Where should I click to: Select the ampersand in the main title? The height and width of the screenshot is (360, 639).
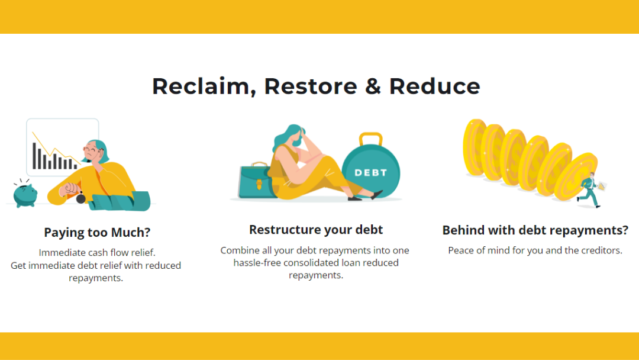pos(373,86)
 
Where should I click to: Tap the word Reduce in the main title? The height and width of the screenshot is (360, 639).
pos(434,86)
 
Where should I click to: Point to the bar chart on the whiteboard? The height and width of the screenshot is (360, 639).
pos(54,156)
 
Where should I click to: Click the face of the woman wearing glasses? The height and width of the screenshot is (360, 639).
pos(92,151)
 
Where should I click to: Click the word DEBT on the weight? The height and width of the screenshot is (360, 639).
pos(370,173)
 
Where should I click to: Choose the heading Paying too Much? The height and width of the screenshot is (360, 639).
pos(97,232)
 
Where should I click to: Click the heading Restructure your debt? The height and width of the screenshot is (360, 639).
pos(316,230)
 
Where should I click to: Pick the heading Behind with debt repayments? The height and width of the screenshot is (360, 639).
pos(535,230)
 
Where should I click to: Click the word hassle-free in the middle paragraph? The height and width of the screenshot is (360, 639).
pos(257,262)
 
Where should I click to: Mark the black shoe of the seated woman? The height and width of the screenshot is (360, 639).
pos(376,194)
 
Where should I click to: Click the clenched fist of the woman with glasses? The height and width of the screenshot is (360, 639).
pos(72,189)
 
